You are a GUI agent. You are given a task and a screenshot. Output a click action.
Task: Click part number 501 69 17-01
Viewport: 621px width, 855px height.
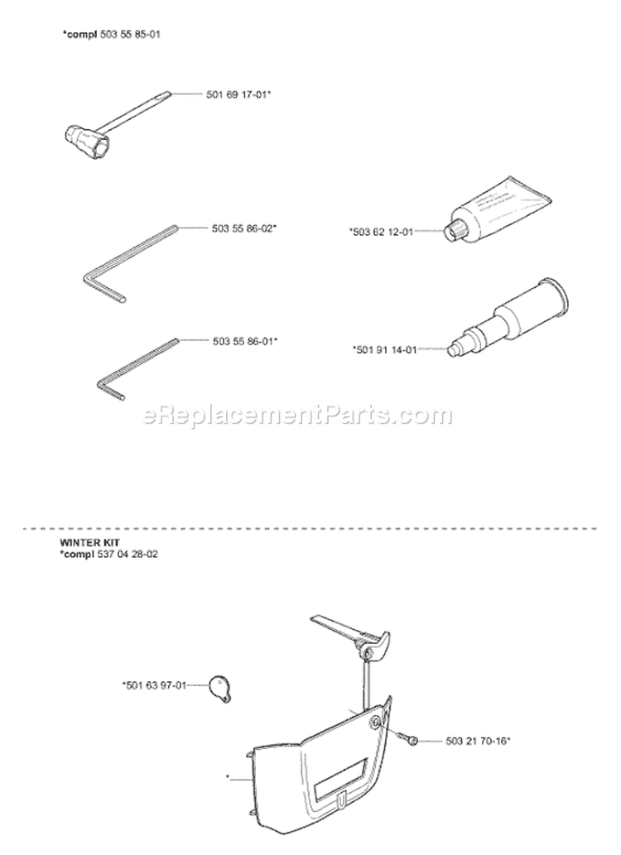(239, 95)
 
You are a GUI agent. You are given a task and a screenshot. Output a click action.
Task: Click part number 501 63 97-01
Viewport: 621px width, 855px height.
(155, 684)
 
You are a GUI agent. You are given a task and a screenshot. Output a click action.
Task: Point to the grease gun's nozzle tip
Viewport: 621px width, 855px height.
(454, 350)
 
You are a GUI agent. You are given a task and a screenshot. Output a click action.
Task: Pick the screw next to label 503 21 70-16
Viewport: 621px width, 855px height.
(409, 739)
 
